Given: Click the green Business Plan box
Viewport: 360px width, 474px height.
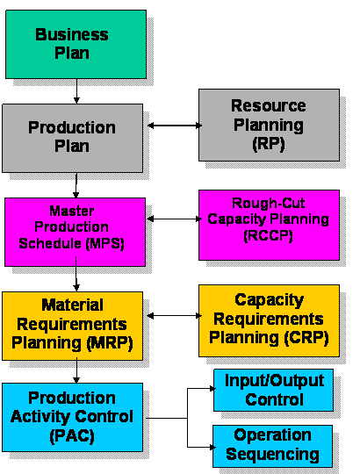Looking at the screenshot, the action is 76,45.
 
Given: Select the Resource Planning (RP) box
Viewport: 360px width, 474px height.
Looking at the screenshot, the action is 269,126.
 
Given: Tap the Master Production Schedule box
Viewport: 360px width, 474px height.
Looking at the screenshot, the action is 75,232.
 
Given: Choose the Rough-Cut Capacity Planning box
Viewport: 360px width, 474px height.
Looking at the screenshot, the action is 269,226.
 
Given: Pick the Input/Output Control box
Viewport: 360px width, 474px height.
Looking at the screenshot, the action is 274,390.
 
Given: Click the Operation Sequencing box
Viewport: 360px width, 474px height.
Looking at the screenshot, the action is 273,446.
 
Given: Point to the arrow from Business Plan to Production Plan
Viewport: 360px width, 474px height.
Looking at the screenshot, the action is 76,91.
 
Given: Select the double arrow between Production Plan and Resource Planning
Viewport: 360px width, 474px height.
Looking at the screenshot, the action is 175,126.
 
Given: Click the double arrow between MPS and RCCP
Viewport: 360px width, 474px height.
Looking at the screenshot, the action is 175,219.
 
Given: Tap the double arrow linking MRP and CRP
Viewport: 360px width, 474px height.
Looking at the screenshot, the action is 175,316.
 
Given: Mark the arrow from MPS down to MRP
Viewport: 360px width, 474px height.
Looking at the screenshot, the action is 76,274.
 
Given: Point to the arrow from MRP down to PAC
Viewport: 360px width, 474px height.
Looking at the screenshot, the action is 76,370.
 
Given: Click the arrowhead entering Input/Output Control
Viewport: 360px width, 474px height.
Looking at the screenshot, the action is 212,389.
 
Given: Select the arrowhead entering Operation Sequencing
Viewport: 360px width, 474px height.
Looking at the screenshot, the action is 212,447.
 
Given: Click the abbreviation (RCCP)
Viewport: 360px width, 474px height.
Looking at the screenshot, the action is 269,236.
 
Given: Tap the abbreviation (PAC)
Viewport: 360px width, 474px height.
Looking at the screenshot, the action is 72,436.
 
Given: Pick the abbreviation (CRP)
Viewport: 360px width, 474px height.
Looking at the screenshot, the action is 306,338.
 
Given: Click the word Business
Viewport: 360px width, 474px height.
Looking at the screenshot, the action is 72,34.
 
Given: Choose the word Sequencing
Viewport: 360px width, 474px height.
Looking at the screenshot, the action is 273,455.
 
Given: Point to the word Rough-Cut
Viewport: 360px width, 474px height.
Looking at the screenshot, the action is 269,203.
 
